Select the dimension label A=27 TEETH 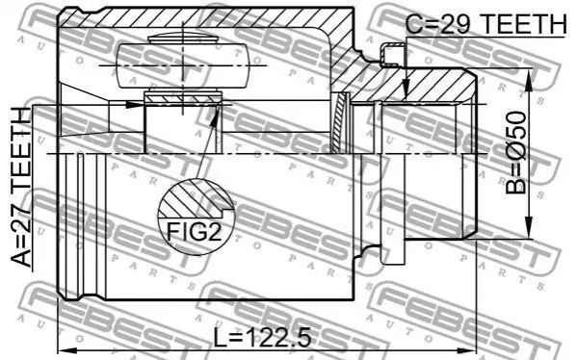tap(20, 187)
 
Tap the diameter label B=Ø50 tap(516, 153)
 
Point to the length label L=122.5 tap(262, 338)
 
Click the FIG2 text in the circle tap(194, 231)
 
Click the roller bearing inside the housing tap(182, 65)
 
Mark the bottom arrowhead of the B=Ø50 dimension tap(529, 227)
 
